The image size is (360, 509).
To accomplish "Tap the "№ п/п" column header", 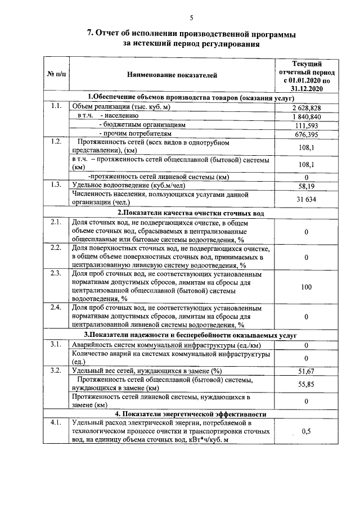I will point(55,74).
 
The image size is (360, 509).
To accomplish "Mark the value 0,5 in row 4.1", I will point(307,431).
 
